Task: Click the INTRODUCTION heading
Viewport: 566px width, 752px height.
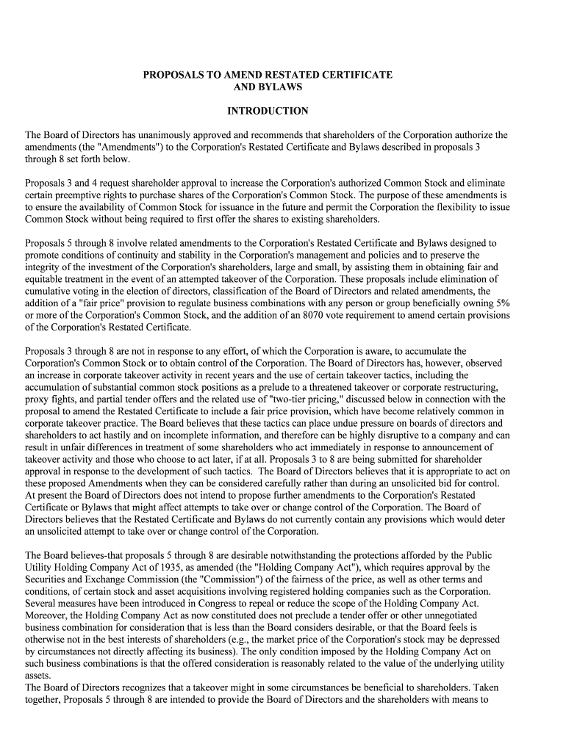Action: (268, 112)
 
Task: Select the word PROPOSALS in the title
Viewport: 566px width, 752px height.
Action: (171, 75)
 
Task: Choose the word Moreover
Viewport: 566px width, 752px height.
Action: (48, 615)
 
